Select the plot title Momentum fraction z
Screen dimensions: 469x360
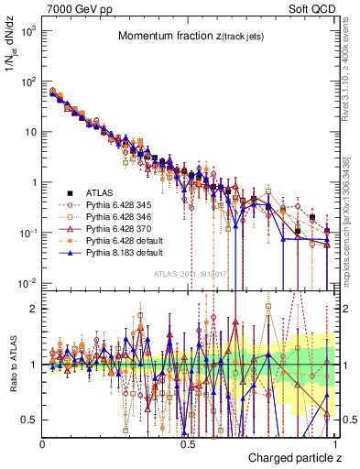pyautogui.click(x=189, y=36)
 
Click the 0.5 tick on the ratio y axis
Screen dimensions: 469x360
pyautogui.click(x=31, y=420)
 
